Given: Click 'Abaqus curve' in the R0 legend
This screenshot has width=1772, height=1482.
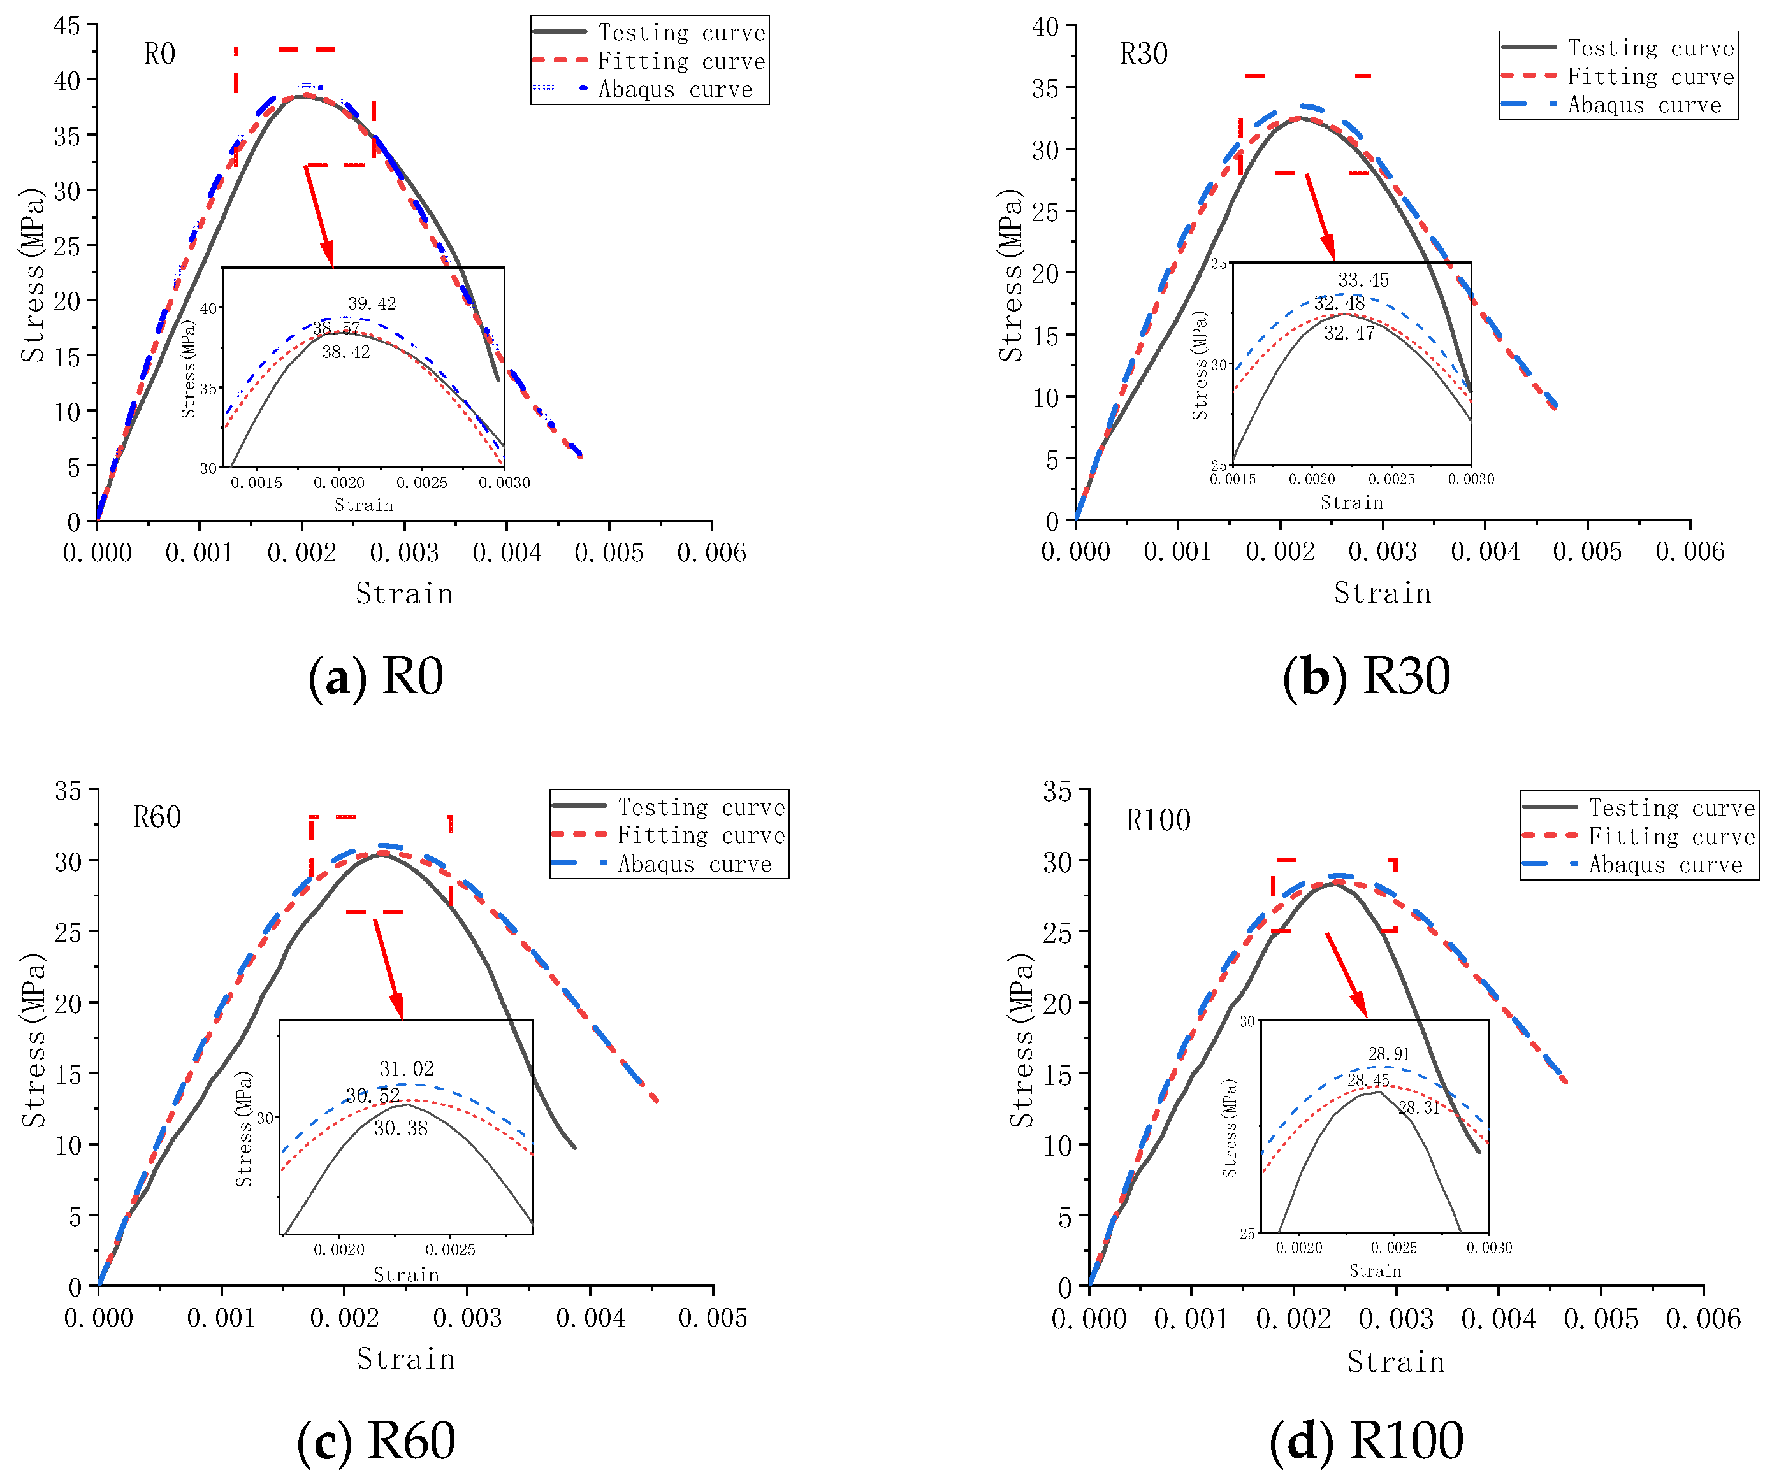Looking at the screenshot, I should [675, 89].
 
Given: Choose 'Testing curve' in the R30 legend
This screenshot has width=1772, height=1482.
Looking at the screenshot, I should [1650, 48].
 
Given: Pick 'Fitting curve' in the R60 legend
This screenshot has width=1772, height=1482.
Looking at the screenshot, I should [701, 836].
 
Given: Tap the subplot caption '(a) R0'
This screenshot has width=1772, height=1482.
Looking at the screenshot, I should [375, 677].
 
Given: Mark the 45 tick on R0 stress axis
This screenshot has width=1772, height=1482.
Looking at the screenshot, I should [68, 26].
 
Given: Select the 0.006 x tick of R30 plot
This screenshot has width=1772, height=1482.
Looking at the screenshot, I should [1689, 552].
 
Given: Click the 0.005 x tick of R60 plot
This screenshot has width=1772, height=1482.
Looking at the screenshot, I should [713, 1318].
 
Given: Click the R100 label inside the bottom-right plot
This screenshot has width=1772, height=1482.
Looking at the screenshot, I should [1159, 820].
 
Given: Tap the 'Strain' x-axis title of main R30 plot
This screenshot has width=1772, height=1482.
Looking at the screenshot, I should [1382, 593].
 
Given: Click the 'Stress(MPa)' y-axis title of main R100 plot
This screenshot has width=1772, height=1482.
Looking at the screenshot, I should [1022, 1041].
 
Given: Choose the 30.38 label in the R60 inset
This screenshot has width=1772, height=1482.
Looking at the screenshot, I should [401, 1128].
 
